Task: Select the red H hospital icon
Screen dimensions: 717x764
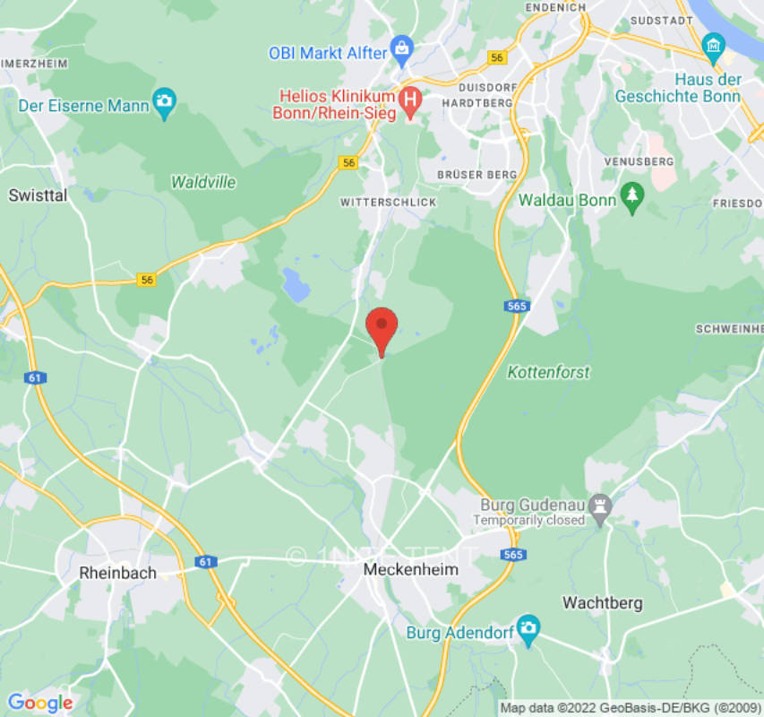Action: point(410,101)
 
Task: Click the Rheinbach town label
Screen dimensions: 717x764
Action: point(117,572)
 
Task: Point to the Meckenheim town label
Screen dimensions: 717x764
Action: point(411,569)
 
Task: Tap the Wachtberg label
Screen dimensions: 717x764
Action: point(602,602)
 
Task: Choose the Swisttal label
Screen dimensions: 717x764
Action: point(38,194)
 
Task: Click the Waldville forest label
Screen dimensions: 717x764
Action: point(203,182)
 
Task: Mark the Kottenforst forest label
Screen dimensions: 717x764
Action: point(548,371)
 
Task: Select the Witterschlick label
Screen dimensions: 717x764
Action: point(389,203)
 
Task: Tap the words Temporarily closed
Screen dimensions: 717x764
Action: point(528,520)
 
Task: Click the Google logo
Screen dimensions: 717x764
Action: point(39,703)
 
